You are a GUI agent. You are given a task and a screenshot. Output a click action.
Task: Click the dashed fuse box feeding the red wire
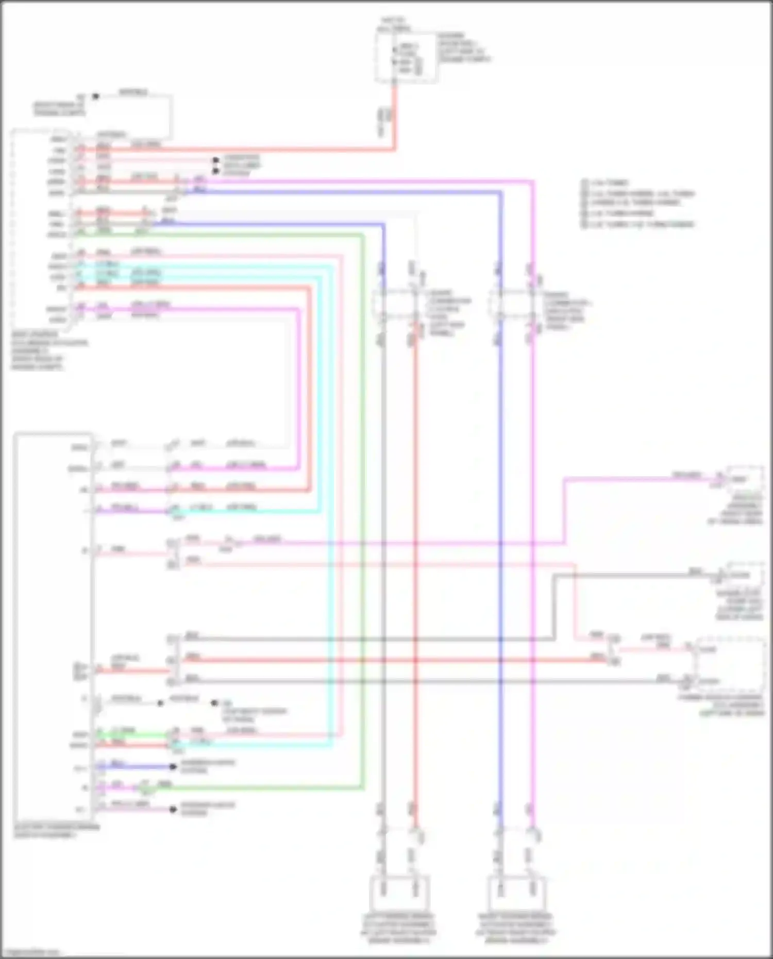click(407, 57)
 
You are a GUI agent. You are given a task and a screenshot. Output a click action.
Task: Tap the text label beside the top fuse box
click(464, 48)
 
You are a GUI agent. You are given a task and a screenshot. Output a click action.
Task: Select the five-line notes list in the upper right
click(638, 204)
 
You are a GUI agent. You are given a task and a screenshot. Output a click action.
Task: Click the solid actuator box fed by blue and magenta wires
click(516, 893)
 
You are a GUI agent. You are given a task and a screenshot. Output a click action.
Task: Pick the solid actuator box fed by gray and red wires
click(399, 893)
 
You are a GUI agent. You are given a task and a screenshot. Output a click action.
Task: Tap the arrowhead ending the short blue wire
click(174, 767)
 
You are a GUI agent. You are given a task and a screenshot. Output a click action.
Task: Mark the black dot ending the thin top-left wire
click(95, 96)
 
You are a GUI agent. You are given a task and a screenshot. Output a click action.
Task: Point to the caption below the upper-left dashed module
click(49, 351)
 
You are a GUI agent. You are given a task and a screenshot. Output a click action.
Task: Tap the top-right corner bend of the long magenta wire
click(533, 181)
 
